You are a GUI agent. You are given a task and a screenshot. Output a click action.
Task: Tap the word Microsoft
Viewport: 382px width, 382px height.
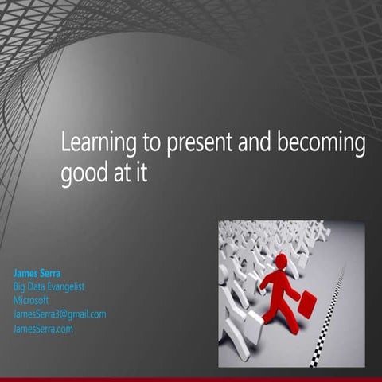(x=32, y=300)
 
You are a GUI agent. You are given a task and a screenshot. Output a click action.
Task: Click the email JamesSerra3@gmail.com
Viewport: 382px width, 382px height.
(x=60, y=314)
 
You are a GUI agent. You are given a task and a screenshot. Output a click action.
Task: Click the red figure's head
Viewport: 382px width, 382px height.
(x=281, y=261)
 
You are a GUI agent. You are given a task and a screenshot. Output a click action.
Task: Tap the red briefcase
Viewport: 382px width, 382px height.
(x=306, y=303)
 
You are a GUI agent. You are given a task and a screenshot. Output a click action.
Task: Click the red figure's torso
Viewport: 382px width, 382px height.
(x=279, y=283)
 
